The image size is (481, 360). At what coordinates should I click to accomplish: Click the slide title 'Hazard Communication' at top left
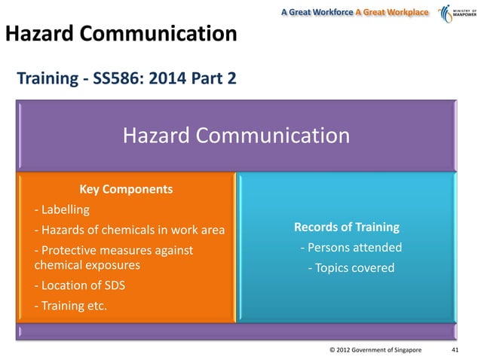[121, 34]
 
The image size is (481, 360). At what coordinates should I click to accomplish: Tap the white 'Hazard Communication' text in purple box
[236, 136]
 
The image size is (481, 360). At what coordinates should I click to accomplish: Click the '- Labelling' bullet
[62, 209]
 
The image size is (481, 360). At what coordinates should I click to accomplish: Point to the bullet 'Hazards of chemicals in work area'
[130, 229]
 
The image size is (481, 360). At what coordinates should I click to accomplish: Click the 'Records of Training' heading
[347, 227]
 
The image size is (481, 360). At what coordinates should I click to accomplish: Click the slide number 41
[455, 350]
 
